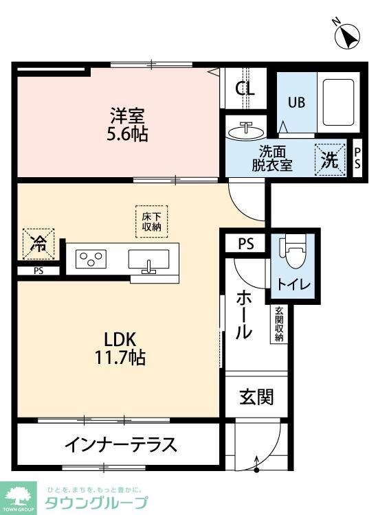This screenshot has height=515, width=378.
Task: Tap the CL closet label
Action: coord(245,89)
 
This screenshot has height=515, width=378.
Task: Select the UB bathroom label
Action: coord(296,102)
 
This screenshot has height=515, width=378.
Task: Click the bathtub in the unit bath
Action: coord(337,104)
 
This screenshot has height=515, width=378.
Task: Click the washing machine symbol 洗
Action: coord(331,161)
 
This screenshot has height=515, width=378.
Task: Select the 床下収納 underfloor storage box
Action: coord(151,221)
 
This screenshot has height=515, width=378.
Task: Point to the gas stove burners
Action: coord(93,259)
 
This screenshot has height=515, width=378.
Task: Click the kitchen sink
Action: coord(148,260)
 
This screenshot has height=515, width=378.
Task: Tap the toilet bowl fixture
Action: coord(291,254)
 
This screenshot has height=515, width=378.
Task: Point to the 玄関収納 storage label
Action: coord(280,324)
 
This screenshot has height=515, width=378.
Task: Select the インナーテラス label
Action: coord(121,444)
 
